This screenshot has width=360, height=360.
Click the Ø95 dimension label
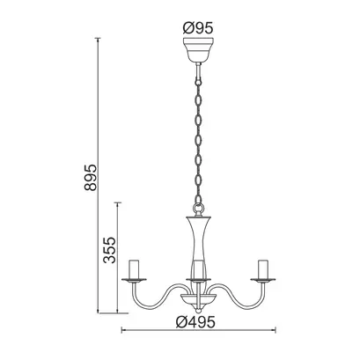[x=198, y=28]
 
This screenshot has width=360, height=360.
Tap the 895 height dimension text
[x=91, y=178]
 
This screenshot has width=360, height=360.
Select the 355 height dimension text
[x=110, y=249]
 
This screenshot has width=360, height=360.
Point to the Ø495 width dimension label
[x=195, y=322]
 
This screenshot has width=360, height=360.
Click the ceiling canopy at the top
[x=198, y=50]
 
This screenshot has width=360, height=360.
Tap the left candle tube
[x=134, y=268]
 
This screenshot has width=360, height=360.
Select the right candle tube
[x=263, y=268]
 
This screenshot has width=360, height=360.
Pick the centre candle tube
[x=199, y=269]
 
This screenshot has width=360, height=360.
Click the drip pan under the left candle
[x=134, y=280]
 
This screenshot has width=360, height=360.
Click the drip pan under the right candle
[x=263, y=280]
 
